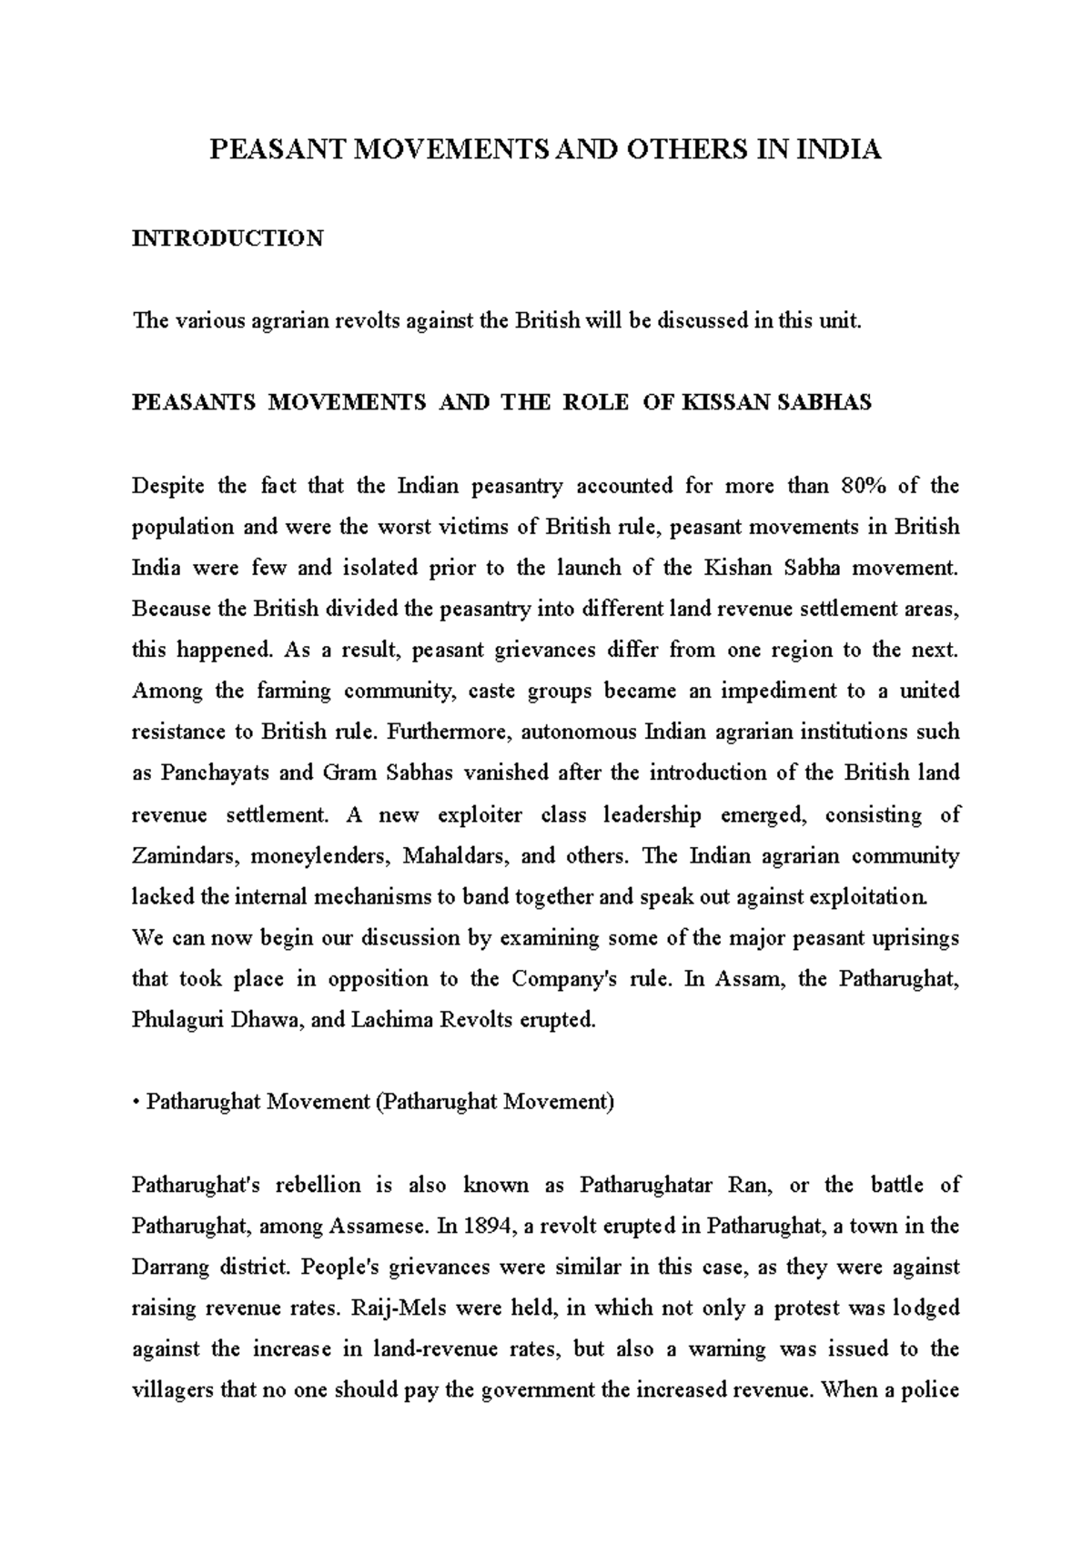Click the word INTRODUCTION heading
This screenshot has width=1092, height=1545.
tap(227, 239)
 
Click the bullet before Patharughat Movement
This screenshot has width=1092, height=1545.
tap(136, 1103)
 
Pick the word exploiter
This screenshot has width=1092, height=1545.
tap(480, 815)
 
